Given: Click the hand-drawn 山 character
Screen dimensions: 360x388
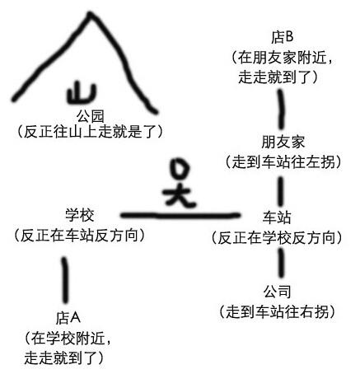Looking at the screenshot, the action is click(x=82, y=93).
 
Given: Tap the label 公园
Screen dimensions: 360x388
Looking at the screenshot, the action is click(x=91, y=116).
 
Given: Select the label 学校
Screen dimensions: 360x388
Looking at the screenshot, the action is click(x=80, y=215).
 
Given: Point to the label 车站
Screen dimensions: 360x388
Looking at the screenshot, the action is click(x=277, y=217).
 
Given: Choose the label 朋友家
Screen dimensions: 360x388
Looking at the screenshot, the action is click(x=283, y=143).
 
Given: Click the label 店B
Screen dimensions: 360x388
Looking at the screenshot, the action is click(x=283, y=37).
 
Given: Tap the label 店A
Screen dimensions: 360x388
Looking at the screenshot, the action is click(x=68, y=318).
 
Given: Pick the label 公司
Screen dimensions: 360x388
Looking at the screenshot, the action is click(x=277, y=292).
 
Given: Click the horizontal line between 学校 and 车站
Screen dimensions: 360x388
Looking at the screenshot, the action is click(x=180, y=216).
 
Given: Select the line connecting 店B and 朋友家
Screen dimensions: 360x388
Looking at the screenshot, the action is click(x=281, y=110).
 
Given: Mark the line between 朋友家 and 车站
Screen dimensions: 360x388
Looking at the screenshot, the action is click(x=281, y=192).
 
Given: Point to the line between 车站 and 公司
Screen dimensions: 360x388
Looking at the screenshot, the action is click(x=281, y=263).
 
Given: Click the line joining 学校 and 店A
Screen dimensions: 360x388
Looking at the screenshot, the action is click(x=65, y=280).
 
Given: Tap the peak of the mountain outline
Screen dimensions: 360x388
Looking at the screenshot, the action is click(x=90, y=12).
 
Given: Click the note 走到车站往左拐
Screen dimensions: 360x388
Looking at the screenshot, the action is click(x=283, y=162).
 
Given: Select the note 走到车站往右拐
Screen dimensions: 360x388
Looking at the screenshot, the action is click(x=278, y=312).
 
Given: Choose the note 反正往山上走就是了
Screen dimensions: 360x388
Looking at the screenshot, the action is click(x=90, y=132).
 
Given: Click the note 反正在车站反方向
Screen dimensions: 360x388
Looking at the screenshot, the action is click(x=79, y=236).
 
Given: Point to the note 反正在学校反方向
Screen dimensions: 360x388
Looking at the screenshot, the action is click(x=277, y=238).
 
